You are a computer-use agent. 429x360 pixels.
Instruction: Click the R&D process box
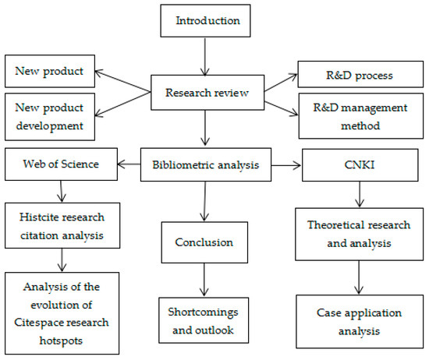[360, 76]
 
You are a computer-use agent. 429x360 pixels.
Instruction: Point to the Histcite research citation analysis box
[59, 224]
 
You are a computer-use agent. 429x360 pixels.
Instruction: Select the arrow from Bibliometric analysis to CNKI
[285, 165]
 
